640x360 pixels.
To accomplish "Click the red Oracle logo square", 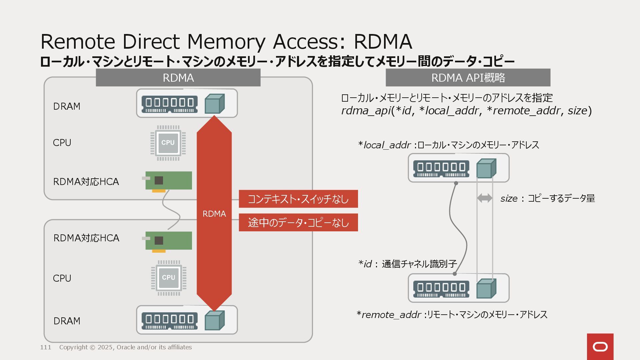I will [x=600, y=347].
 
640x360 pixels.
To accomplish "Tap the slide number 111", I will [x=46, y=347].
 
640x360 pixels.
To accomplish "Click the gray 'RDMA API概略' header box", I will [x=468, y=78].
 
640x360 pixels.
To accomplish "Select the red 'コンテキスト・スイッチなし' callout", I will [x=298, y=199].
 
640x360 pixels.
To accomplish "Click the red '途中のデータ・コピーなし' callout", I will [x=298, y=223].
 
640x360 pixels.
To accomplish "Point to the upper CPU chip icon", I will [x=168, y=143].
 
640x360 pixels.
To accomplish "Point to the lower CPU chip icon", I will [x=168, y=278].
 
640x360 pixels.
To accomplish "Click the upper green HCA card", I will [x=168, y=181].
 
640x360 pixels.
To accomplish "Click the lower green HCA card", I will [x=168, y=241].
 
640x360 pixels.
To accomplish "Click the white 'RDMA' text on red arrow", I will [x=214, y=214].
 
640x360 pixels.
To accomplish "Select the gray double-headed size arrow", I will [x=485, y=198].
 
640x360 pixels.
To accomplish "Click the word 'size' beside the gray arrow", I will [x=509, y=199].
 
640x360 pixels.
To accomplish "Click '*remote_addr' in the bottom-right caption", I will [x=389, y=315].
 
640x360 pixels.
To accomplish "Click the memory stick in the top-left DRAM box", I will [x=169, y=104].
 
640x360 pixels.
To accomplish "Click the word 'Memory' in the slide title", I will [x=226, y=42].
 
